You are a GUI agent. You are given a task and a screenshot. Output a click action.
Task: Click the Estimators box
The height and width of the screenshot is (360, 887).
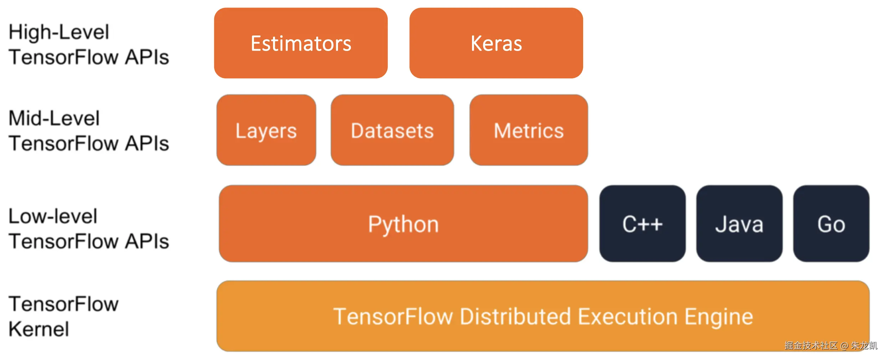coord(301,43)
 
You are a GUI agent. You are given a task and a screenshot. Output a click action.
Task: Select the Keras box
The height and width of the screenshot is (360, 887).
coord(496,43)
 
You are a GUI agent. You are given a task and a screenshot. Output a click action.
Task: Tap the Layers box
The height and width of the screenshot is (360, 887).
coord(266,130)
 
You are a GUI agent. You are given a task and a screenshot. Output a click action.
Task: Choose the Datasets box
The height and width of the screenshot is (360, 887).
coord(392,130)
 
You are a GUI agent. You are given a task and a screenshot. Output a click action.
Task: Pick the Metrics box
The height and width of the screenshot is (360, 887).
coord(528,130)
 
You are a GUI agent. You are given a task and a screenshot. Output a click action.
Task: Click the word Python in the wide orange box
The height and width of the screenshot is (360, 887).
coord(403,225)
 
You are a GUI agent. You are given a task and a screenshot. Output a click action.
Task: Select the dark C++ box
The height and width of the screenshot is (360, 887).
coord(642,224)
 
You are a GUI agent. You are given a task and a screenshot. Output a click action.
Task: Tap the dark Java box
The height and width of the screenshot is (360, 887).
coord(739,224)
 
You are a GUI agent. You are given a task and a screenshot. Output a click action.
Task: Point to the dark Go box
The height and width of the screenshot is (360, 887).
coord(831,224)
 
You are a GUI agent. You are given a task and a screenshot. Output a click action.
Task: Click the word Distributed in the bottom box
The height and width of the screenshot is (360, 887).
coord(516,317)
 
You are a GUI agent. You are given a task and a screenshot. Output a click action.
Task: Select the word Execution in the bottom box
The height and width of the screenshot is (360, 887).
coord(627,317)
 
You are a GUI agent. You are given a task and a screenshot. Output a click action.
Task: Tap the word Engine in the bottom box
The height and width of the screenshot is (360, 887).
coord(718,317)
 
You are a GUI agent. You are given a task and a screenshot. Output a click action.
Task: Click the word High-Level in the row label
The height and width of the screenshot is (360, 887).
coord(59,32)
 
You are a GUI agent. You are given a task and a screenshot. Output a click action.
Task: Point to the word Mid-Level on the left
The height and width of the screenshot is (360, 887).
coord(54,118)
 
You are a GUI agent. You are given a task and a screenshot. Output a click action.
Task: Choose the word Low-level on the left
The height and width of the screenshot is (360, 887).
coord(53,216)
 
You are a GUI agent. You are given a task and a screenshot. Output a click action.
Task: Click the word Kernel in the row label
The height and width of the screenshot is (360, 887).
coord(39,329)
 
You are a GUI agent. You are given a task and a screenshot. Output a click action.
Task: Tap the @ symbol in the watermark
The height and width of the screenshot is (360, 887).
coord(844,345)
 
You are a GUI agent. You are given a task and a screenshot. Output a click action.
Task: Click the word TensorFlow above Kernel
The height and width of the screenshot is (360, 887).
coord(63,304)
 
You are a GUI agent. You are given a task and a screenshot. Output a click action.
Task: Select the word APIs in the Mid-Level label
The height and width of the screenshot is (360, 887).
coord(147,144)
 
